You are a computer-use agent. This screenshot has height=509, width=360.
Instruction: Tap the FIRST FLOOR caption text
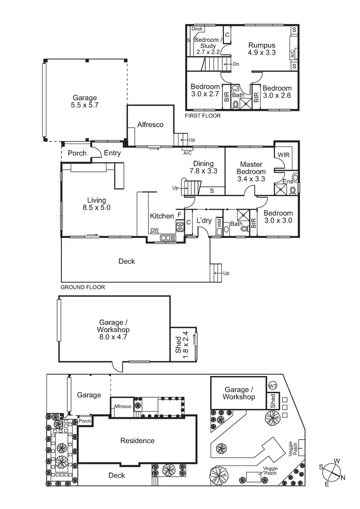(203, 116)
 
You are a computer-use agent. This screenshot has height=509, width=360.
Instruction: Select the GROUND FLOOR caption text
(83, 287)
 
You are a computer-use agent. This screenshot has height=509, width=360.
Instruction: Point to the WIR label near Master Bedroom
(284, 154)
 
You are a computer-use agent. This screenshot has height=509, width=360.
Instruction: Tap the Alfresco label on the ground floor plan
(150, 125)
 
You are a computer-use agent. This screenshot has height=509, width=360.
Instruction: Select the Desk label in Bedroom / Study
(197, 29)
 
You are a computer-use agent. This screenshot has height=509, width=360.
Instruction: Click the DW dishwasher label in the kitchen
(154, 230)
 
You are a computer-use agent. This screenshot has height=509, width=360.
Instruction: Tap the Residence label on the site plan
(137, 440)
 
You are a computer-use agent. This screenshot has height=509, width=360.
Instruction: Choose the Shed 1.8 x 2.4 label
(181, 344)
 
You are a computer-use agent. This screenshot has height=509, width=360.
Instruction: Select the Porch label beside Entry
(77, 153)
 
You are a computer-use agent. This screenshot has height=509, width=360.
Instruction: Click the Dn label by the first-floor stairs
(236, 64)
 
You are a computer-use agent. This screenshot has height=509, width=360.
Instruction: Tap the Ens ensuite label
(288, 182)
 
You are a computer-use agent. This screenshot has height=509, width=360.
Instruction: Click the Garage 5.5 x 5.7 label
(85, 101)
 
